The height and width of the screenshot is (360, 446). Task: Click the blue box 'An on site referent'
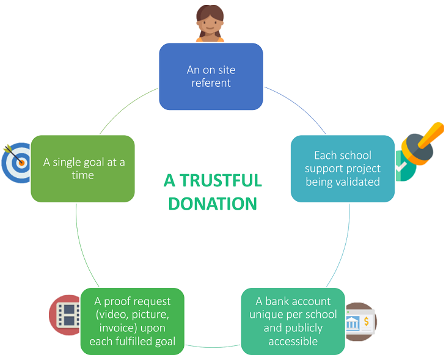pyautogui.click(x=211, y=76)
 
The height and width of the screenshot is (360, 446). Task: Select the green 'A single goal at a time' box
pyautogui.click(x=82, y=168)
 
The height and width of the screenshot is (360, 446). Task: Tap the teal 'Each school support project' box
pyautogui.click(x=342, y=168)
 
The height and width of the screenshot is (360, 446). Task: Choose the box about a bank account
pyautogui.click(x=293, y=321)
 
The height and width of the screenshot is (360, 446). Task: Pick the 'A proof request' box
pyautogui.click(x=132, y=321)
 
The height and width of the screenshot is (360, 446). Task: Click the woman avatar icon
pyautogui.click(x=210, y=24)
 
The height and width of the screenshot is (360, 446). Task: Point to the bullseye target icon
pyautogui.click(x=17, y=163)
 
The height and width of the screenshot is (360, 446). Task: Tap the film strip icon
pyautogui.click(x=66, y=314)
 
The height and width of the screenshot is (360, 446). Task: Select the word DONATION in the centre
pyautogui.click(x=213, y=204)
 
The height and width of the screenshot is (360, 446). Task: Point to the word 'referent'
pyautogui.click(x=211, y=83)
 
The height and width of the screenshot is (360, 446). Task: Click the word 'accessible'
pyautogui.click(x=293, y=340)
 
